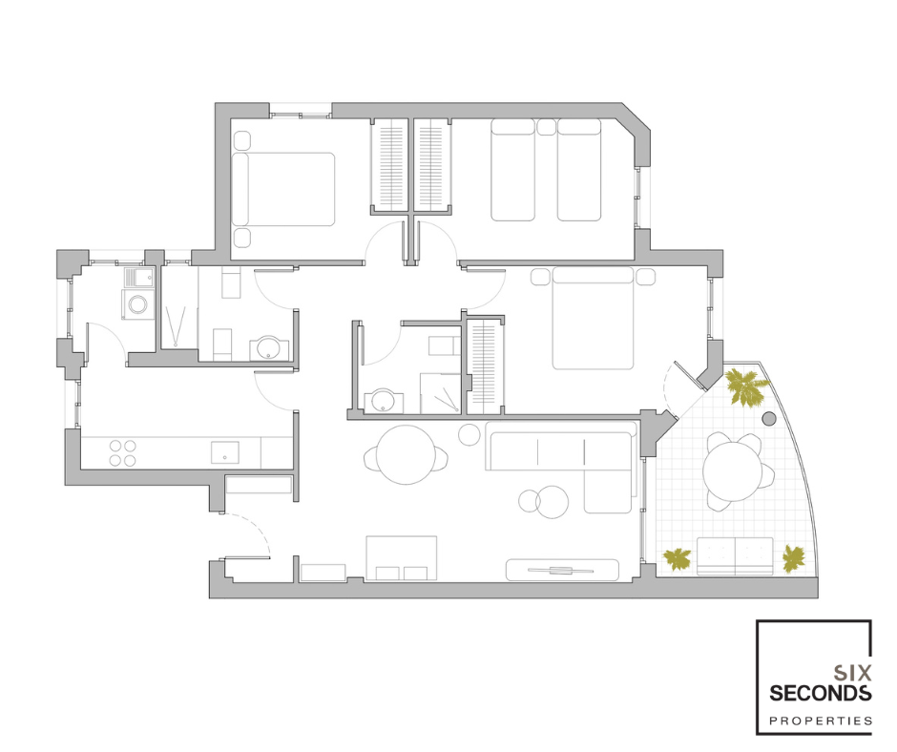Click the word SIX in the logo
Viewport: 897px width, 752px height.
pos(852,673)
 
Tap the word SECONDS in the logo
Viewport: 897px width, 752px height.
pos(821,693)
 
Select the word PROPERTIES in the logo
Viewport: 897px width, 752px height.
pos(821,721)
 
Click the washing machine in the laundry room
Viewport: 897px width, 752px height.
pos(137,303)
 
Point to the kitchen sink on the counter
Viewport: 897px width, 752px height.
pos(225,452)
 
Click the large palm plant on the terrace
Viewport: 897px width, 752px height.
pos(745,386)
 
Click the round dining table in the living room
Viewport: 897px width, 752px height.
pos(407,455)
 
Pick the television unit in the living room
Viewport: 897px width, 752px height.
pos(562,570)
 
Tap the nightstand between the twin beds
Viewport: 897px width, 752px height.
pos(546,127)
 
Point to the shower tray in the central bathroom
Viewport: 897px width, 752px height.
pos(441,393)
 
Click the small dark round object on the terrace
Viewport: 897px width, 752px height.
pos(769,419)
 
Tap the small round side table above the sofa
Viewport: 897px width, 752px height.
pos(469,434)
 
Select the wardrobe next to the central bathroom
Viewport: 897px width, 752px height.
pos(485,366)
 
